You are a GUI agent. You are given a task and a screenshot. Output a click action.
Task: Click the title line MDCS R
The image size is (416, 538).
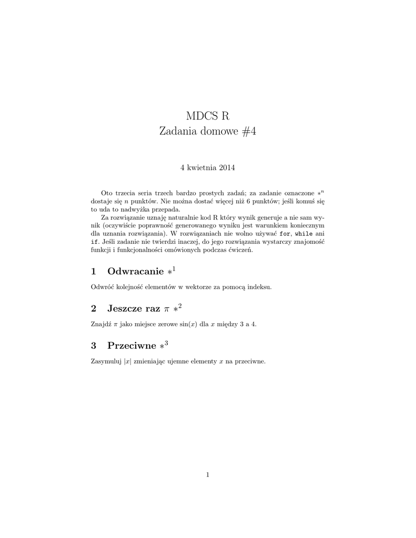[x=208, y=115]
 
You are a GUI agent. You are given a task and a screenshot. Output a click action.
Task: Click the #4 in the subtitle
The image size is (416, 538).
[x=246, y=132]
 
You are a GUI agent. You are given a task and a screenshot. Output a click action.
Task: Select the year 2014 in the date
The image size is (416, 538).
[x=226, y=168]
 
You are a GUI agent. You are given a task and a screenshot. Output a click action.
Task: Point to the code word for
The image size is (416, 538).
[x=284, y=233]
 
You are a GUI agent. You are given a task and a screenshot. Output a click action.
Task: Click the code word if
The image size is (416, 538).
[x=95, y=242]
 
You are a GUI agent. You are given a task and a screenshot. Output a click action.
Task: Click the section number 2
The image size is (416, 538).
[x=94, y=308]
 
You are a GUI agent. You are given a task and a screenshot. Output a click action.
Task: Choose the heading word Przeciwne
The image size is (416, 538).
[x=131, y=346]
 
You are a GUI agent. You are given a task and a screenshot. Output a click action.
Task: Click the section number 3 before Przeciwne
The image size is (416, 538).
[x=94, y=346]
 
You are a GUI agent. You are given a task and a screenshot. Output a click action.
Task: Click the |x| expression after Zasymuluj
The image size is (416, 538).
[x=127, y=361]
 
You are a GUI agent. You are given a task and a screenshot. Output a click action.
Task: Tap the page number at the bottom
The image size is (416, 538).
[x=208, y=475]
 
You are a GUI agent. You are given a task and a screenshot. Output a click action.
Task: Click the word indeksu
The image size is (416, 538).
[x=260, y=287]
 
